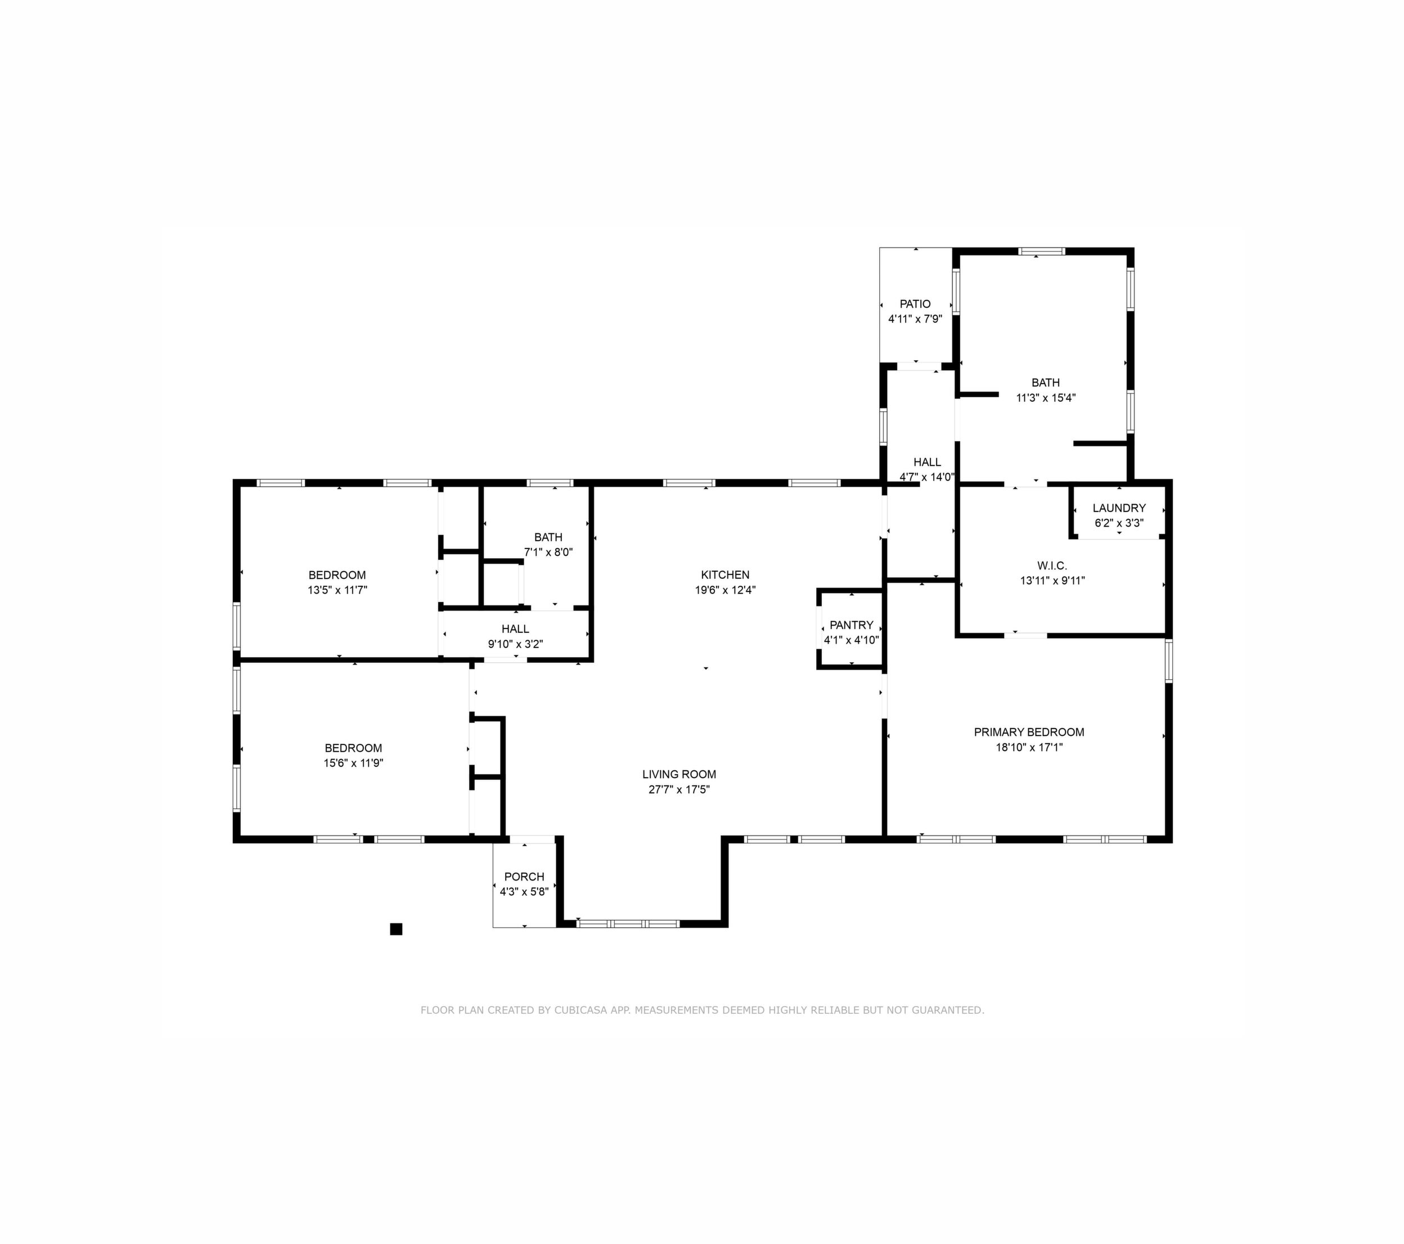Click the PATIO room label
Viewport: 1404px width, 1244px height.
click(x=915, y=304)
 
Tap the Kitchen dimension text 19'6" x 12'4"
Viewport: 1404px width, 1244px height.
click(x=726, y=590)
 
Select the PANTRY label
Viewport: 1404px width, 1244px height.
click(x=851, y=625)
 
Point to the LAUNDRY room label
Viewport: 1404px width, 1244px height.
click(x=1119, y=508)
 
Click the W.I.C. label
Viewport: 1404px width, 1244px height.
click(x=1052, y=565)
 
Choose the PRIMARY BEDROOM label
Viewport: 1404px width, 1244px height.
click(x=1029, y=731)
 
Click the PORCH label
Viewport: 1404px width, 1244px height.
click(x=524, y=877)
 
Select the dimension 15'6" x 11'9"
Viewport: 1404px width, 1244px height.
click(x=353, y=762)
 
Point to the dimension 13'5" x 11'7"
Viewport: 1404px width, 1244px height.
click(x=337, y=590)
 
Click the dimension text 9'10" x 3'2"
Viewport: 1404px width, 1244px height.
click(x=515, y=644)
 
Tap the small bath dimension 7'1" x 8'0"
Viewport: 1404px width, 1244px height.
click(x=548, y=551)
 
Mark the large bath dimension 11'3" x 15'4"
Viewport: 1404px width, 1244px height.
click(x=1046, y=397)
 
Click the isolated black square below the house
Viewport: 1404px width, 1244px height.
click(x=395, y=929)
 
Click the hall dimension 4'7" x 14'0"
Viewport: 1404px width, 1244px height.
click(x=926, y=477)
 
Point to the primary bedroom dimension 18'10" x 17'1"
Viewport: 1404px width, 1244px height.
click(x=1029, y=747)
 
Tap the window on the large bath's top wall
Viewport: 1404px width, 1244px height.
click(x=1041, y=252)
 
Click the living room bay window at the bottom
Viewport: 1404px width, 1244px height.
click(x=628, y=923)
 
